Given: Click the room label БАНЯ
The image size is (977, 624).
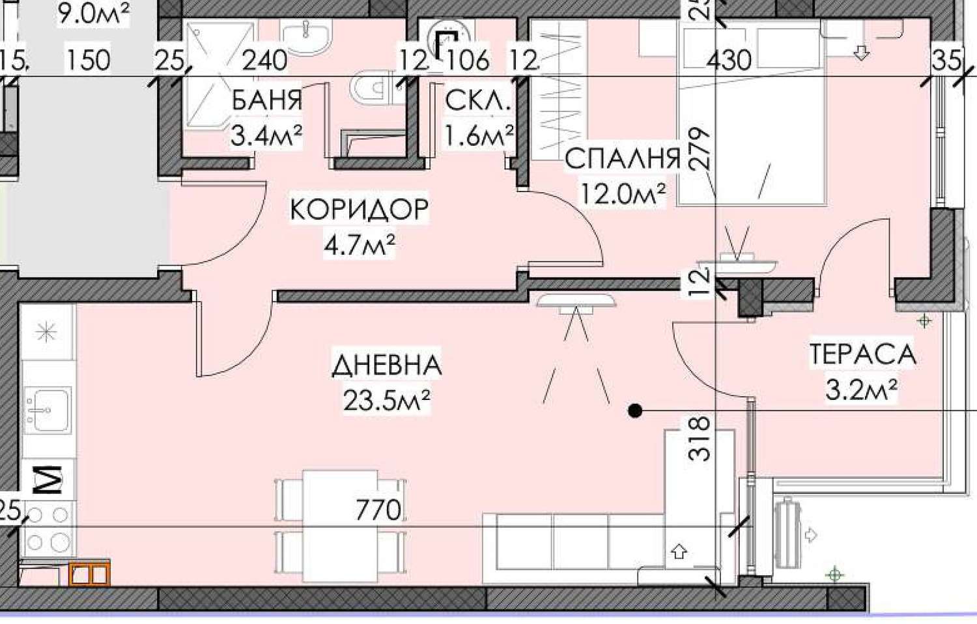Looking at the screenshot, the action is pyautogui.click(x=266, y=100).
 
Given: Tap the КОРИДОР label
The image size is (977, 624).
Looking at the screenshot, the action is pyautogui.click(x=360, y=209).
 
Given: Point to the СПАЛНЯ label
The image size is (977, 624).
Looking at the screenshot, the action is pyautogui.click(x=623, y=159).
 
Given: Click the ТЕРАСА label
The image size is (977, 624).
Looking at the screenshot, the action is pyautogui.click(x=863, y=354).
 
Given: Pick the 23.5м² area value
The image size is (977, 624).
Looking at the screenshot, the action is pyautogui.click(x=387, y=400).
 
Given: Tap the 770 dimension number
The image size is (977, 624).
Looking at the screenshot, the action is pyautogui.click(x=378, y=510).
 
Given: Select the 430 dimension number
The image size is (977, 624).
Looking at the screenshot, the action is pyautogui.click(x=729, y=60).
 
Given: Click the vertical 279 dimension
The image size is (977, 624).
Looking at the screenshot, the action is pyautogui.click(x=699, y=149).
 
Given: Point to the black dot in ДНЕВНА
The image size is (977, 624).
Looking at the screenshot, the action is pyautogui.click(x=635, y=411).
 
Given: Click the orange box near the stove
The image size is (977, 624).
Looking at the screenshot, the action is pyautogui.click(x=89, y=573).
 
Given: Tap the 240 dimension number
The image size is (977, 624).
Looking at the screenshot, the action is pyautogui.click(x=264, y=60).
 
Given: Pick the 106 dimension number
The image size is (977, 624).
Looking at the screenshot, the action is pyautogui.click(x=466, y=60).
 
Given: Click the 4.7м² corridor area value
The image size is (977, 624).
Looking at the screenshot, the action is pyautogui.click(x=360, y=245).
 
